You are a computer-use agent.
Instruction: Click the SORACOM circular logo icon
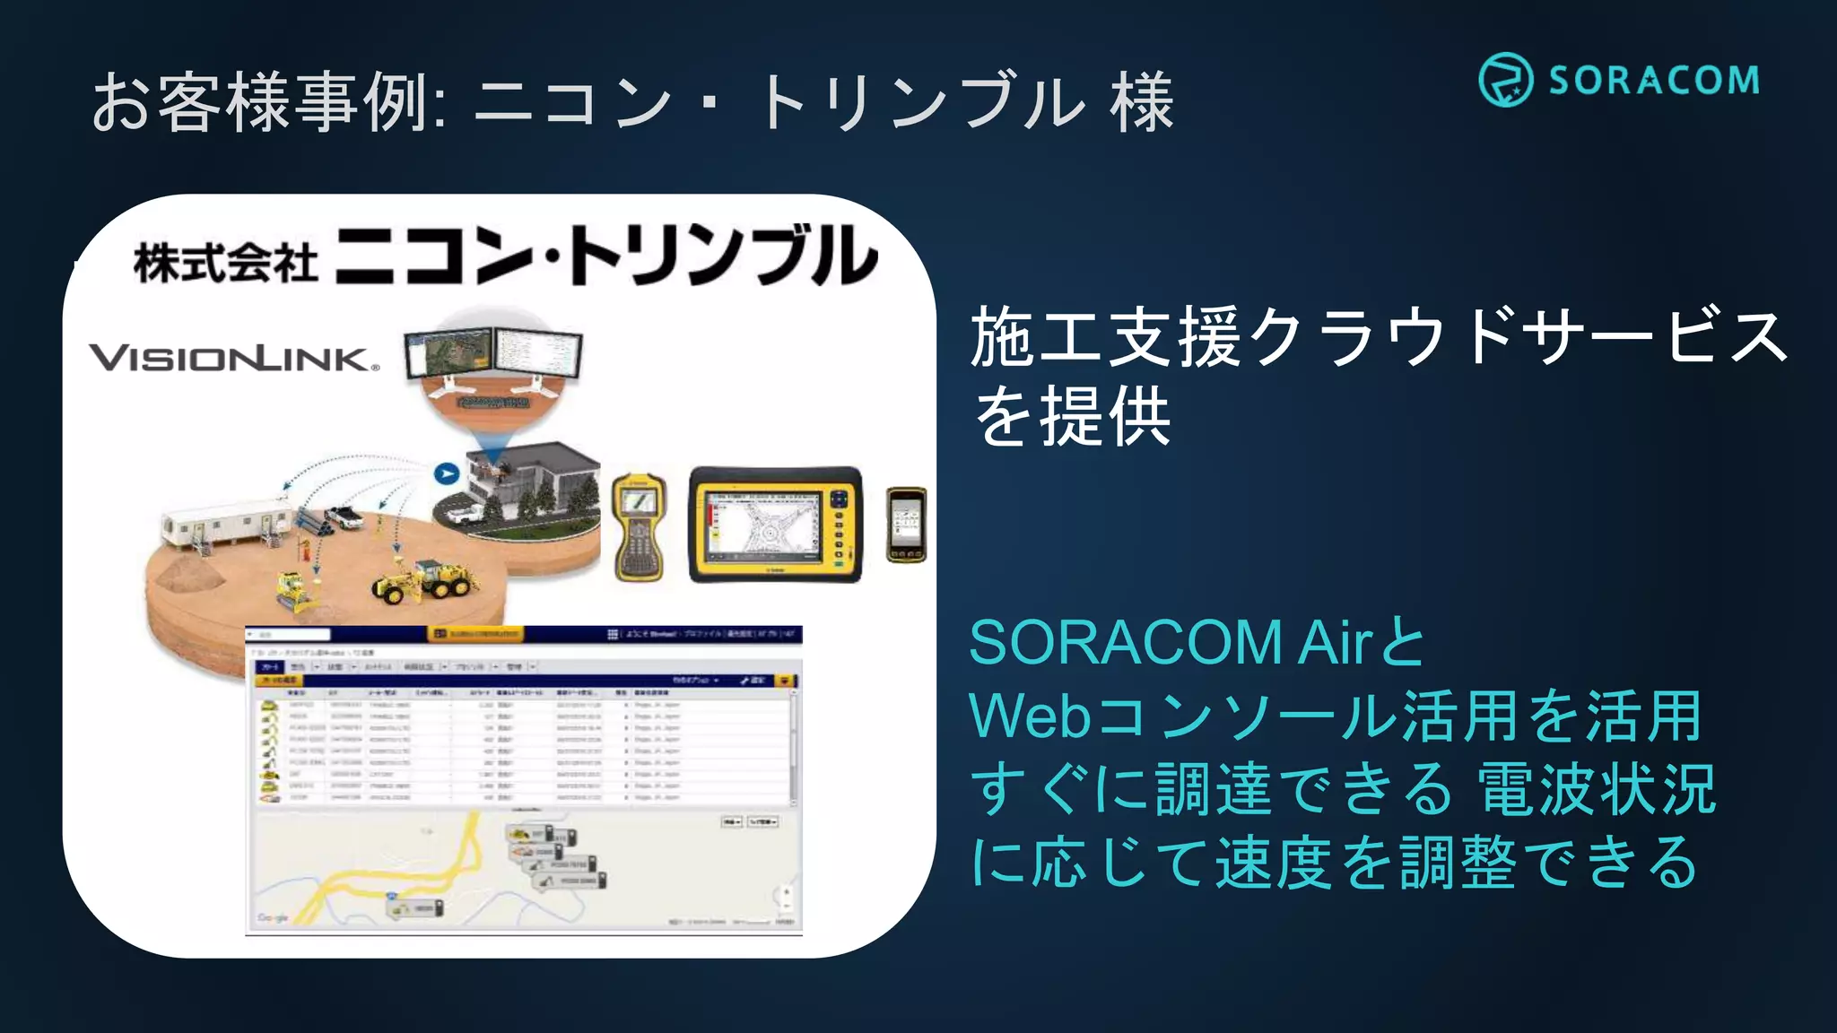1505,80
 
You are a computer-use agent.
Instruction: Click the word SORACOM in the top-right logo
1654,81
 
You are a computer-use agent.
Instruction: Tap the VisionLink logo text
233,359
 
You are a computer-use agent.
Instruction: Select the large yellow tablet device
775,525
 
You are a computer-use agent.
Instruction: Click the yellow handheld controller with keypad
639,526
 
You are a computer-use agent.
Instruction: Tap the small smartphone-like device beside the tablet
906,525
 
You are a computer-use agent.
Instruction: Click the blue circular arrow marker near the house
446,473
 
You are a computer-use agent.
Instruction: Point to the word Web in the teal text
1030,716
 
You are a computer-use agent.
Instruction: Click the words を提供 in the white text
1073,417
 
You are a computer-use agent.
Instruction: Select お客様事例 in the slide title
260,102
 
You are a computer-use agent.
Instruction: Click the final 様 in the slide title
1141,102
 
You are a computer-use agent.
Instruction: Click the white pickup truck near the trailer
344,516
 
